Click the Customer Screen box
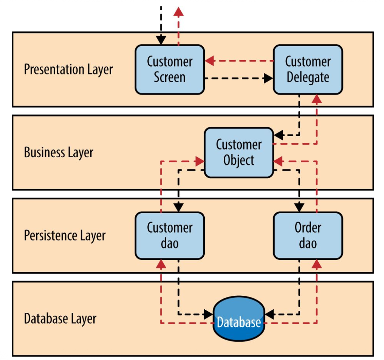pyautogui.click(x=170, y=69)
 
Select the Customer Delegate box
pyautogui.click(x=308, y=69)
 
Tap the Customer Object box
pyautogui.click(x=238, y=152)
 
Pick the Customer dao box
pyautogui.click(x=170, y=236)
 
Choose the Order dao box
pyautogui.click(x=308, y=236)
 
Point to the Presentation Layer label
pyautogui.click(x=68, y=70)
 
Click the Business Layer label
pyautogui.click(x=59, y=153)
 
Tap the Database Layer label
pyautogui.click(x=60, y=319)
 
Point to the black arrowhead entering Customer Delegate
pyautogui.click(x=268, y=78)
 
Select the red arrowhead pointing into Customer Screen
pyautogui.click(x=209, y=61)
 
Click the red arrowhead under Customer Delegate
pyautogui.click(x=317, y=99)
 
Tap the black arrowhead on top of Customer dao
pyautogui.click(x=178, y=207)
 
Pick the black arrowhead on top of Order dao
pyautogui.click(x=299, y=207)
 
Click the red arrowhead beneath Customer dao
pyautogui.click(x=161, y=264)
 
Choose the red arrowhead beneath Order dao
pyautogui.click(x=317, y=264)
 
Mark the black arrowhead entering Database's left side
pyautogui.click(x=209, y=314)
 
